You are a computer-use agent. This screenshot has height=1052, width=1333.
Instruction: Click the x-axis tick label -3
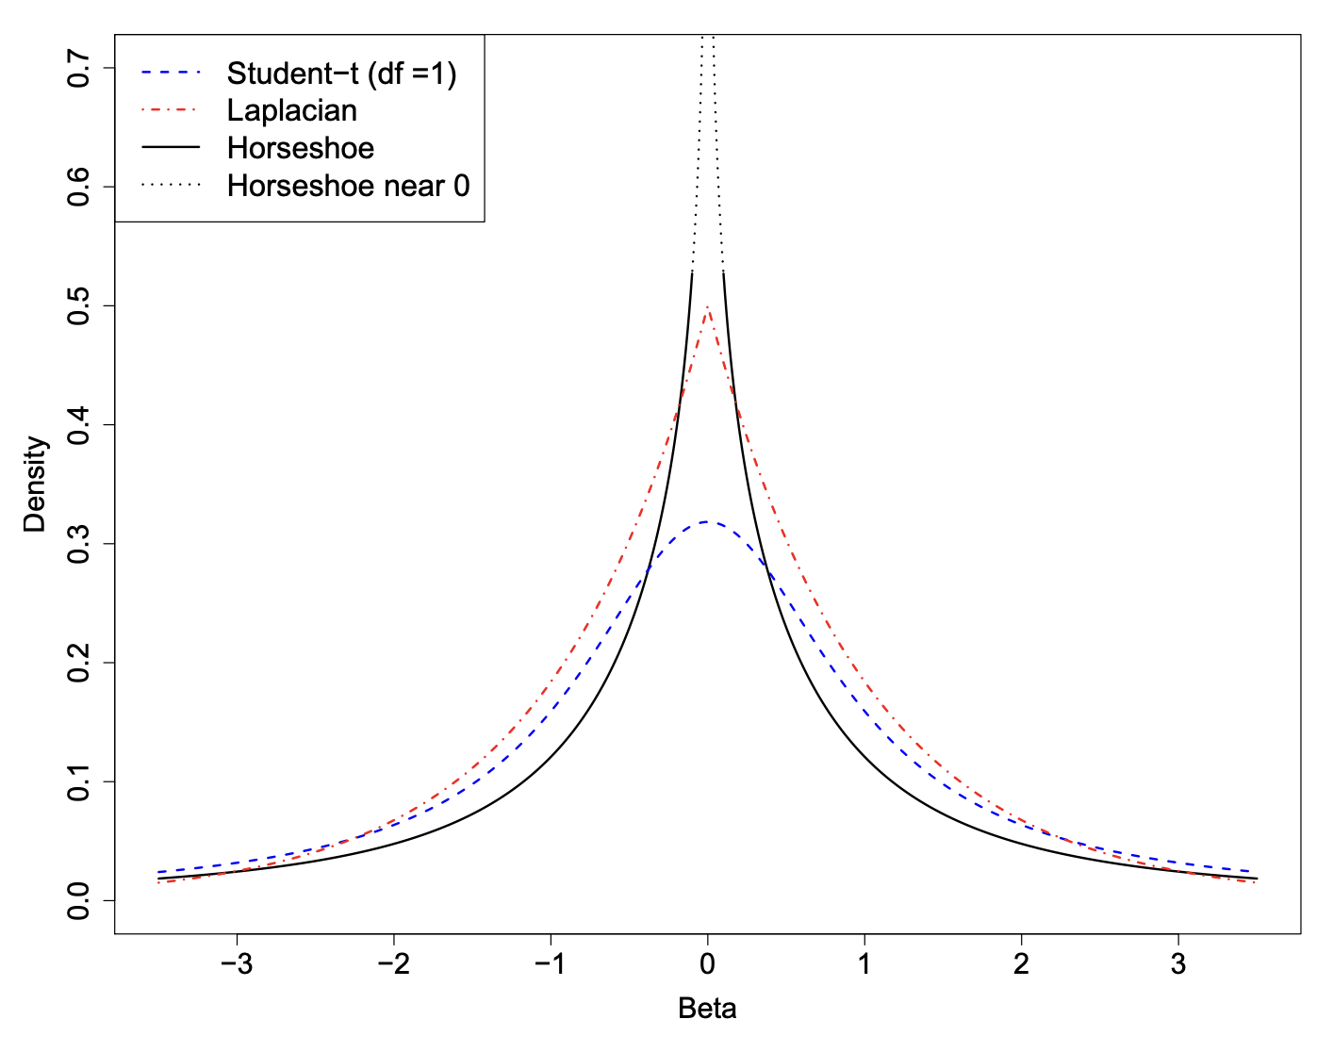(236, 966)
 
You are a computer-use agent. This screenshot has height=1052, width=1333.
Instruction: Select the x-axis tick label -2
(393, 966)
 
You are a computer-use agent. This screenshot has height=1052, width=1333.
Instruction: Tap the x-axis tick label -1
(550, 966)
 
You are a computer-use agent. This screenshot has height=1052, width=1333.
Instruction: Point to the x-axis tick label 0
(707, 966)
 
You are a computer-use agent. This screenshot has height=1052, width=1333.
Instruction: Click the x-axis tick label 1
(864, 966)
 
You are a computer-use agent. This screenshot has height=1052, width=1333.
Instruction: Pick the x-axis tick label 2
(1021, 966)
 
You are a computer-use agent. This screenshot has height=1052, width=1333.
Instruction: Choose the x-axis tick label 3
(1178, 966)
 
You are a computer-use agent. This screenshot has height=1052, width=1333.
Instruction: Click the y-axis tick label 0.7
(81, 68)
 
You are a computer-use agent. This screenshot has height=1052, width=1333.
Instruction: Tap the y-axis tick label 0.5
(81, 305)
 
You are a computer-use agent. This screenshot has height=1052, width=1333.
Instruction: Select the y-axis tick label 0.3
(81, 544)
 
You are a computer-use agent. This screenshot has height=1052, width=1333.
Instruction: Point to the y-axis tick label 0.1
(81, 781)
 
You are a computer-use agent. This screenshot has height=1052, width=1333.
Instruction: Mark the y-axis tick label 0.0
(81, 900)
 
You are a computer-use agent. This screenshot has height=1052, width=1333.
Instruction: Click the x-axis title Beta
(707, 1009)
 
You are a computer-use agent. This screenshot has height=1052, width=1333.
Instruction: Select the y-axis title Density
(35, 484)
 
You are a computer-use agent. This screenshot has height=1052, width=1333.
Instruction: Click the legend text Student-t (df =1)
(341, 73)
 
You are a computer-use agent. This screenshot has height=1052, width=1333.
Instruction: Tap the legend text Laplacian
(292, 110)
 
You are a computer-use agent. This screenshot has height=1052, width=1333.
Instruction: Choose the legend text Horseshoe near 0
(348, 186)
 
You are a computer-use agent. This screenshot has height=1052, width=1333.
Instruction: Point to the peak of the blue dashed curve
(707, 521)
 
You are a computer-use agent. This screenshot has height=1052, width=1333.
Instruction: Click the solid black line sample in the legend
(171, 148)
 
